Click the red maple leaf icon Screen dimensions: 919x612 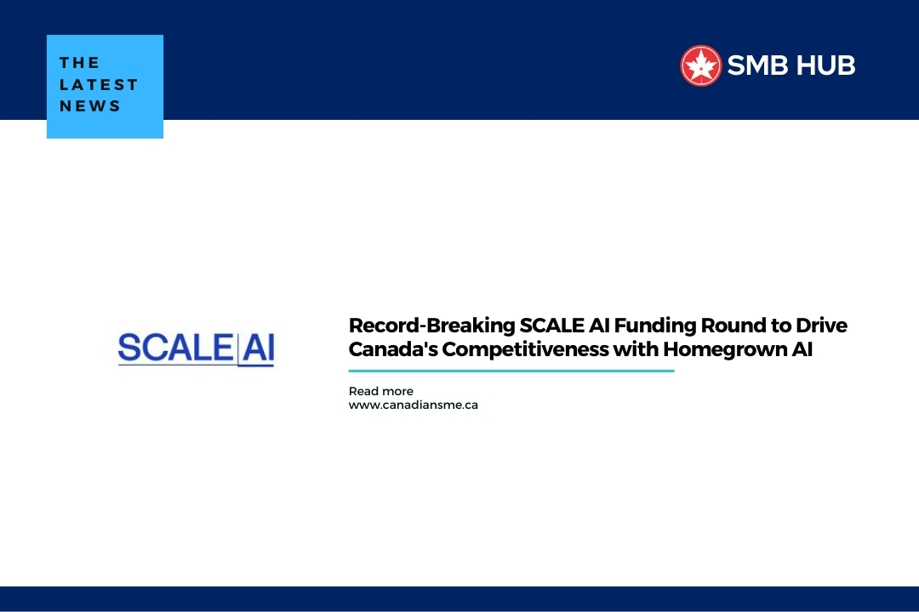pos(700,65)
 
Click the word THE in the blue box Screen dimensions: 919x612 pos(80,63)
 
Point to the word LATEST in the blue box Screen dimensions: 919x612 pos(99,84)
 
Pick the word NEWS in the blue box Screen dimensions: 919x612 pos(89,106)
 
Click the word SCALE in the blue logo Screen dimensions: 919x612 pos(175,348)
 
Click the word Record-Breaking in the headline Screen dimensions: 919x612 pos(432,326)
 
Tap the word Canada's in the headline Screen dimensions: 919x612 pos(393,349)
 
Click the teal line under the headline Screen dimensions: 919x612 pos(511,371)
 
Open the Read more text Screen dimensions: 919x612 pos(381,391)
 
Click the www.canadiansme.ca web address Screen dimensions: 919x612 pos(414,405)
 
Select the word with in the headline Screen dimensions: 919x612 pos(636,349)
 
